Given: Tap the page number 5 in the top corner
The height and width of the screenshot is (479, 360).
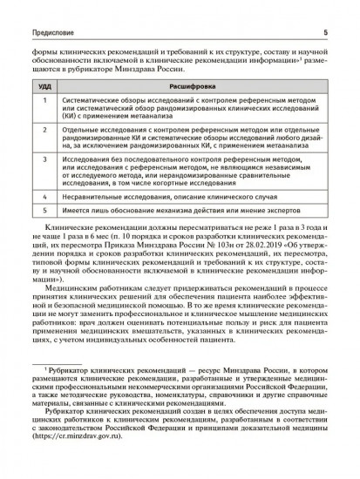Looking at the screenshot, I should [x=324, y=11].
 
